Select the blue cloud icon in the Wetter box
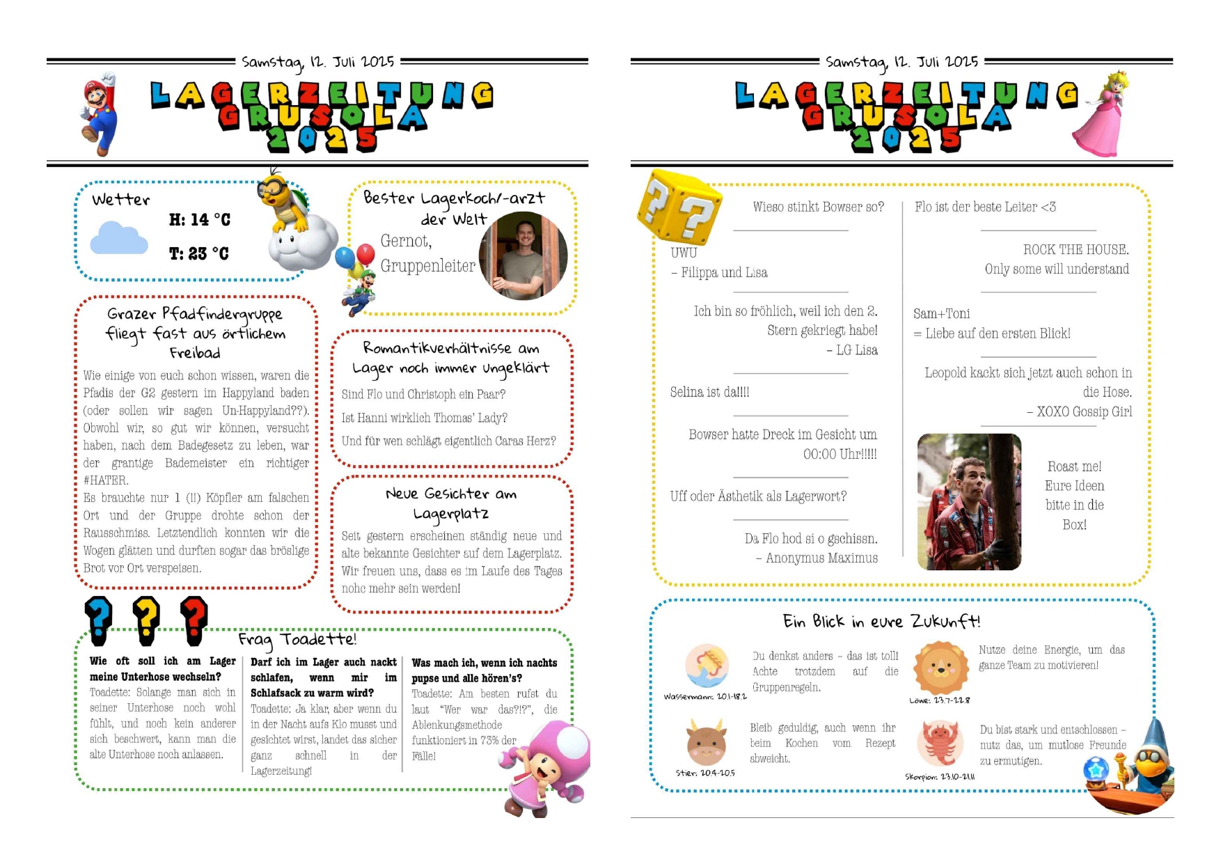[118, 238]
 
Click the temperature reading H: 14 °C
[199, 220]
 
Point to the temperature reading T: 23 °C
[198, 254]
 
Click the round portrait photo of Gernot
[523, 256]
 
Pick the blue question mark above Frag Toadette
[99, 619]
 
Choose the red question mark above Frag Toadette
[194, 619]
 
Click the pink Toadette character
[544, 766]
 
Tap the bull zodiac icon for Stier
[706, 743]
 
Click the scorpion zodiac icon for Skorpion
[940, 744]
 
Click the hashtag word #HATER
[106, 480]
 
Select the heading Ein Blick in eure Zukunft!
[881, 621]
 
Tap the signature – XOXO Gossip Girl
[1079, 411]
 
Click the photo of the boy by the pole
[969, 501]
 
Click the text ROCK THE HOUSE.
[1076, 249]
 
